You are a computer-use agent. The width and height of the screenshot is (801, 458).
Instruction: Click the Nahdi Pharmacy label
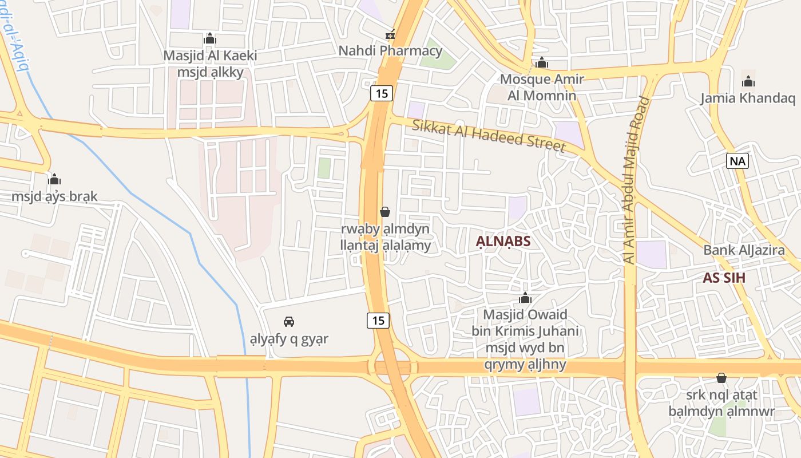(390, 50)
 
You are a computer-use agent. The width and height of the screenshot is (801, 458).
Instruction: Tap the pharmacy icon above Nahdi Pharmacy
(390, 35)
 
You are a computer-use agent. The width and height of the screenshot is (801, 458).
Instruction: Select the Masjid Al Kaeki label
(210, 56)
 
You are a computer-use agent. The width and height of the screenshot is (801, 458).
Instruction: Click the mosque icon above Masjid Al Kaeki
(210, 38)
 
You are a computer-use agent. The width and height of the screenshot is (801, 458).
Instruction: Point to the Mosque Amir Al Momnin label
(541, 86)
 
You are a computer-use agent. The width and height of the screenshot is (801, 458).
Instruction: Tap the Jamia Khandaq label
(748, 98)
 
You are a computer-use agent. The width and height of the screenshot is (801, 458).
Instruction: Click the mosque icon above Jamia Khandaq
(748, 81)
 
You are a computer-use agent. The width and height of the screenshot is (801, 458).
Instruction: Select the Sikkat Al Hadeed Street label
(489, 135)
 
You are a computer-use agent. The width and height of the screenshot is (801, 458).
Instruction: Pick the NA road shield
(737, 161)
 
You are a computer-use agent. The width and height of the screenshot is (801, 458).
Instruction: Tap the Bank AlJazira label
(744, 250)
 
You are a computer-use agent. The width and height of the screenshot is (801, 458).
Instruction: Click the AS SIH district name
(724, 278)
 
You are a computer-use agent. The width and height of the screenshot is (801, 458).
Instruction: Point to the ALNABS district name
(503, 242)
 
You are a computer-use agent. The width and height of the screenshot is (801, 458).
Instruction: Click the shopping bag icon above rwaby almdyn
(385, 212)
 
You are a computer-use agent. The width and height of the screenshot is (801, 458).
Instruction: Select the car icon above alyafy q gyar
(289, 322)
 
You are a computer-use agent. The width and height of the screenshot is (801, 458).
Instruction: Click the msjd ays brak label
(54, 196)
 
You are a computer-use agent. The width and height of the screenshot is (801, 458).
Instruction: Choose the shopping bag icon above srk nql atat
(721, 378)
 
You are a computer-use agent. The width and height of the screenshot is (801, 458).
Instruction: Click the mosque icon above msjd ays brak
(54, 180)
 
